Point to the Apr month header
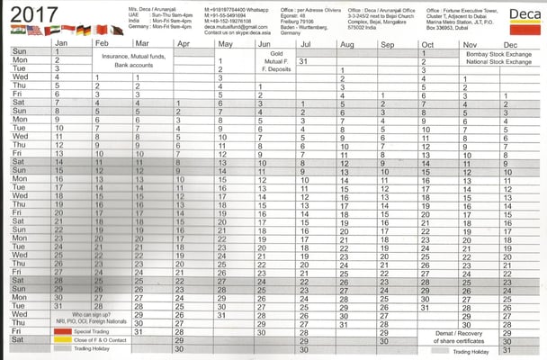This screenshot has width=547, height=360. tap(184, 43)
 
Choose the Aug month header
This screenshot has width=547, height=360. tap(347, 43)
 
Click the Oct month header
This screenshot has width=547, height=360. tap(427, 43)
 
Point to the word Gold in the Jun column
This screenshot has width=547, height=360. tap(275, 52)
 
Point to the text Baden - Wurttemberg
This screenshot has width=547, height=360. tap(305, 27)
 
